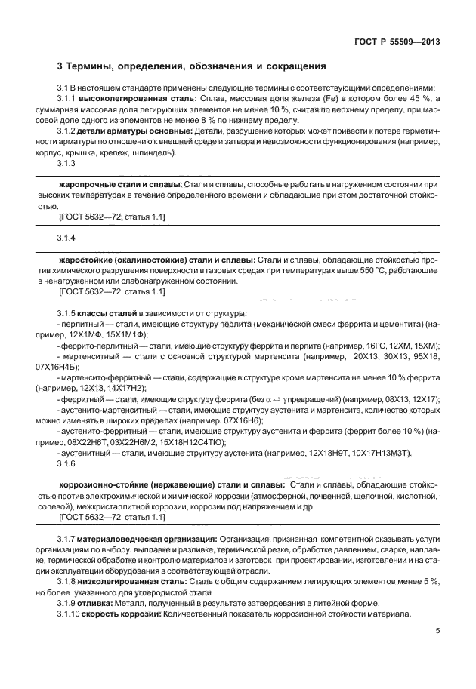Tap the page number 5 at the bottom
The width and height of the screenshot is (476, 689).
tap(437, 632)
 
